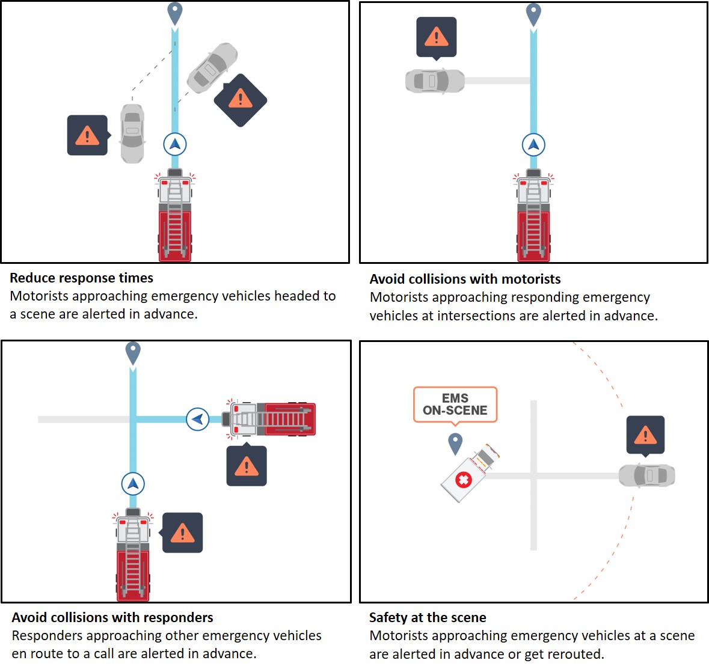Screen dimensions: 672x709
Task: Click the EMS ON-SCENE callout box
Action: pos(455,405)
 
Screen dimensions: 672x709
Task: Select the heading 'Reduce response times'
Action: pos(82,278)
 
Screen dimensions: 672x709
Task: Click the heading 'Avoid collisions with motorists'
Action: pos(465,279)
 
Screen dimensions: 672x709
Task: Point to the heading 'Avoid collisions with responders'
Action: pos(112,617)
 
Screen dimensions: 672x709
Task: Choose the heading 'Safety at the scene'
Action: pos(428,617)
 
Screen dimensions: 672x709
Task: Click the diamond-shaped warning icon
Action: pos(241,100)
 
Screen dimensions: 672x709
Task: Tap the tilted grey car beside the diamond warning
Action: pos(212,67)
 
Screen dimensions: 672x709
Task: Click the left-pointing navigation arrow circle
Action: pos(197,419)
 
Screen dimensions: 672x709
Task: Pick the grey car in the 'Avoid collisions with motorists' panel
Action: pos(435,81)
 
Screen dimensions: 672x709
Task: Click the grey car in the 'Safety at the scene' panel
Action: pos(647,475)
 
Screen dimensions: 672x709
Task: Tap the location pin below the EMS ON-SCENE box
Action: pos(456,444)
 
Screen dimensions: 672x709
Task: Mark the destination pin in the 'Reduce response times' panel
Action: pos(175,13)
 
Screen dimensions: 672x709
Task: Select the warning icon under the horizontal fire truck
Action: pos(247,466)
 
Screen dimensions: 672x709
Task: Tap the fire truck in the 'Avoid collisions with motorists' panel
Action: pos(533,216)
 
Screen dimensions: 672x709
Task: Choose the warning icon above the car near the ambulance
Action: pos(645,435)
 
